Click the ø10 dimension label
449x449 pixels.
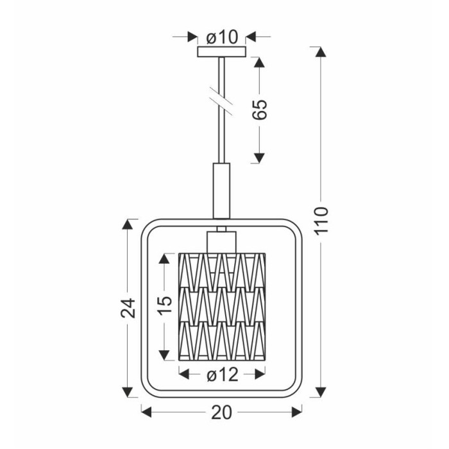tap(222, 37)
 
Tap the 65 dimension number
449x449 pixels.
tap(259, 110)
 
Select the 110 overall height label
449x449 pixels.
tap(321, 221)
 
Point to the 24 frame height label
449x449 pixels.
tap(128, 308)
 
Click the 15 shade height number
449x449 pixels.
tap(165, 305)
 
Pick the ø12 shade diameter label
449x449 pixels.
tap(223, 375)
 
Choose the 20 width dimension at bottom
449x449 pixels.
tap(221, 412)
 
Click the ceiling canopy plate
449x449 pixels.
tap(222, 51)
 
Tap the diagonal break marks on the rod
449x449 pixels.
tap(221, 101)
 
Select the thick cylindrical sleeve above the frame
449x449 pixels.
tap(221, 191)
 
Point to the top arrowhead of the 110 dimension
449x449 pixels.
tap(321, 51)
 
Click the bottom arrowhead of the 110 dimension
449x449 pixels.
tap(321, 392)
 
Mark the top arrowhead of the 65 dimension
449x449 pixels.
tap(259, 62)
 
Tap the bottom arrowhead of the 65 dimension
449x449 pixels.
tap(259, 158)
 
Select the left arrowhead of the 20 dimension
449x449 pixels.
tap(146, 412)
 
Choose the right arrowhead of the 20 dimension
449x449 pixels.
tap(297, 412)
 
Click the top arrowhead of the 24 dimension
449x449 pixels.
tap(128, 224)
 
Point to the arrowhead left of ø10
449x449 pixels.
tap(192, 37)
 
